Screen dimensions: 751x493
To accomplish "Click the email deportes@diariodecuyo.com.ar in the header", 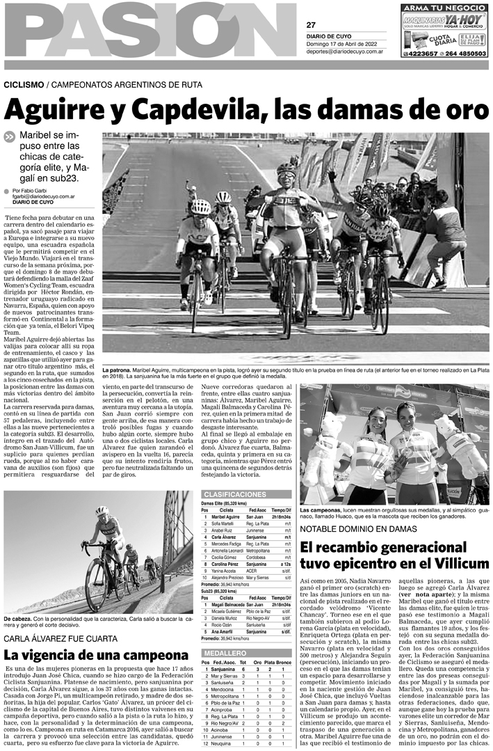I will click(x=346, y=51).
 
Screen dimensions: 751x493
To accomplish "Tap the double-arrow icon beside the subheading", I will click(x=8, y=137).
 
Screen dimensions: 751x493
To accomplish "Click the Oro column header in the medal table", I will click(x=257, y=661).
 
